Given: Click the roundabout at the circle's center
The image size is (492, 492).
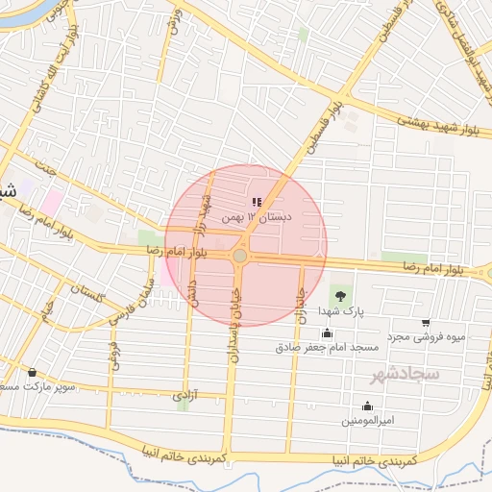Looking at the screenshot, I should (x=239, y=256).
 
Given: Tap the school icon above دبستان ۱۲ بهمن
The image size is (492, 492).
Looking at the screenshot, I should (x=256, y=203).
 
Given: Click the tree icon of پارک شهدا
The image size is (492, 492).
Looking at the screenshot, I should (x=337, y=291).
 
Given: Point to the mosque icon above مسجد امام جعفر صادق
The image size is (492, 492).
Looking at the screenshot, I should (x=328, y=333).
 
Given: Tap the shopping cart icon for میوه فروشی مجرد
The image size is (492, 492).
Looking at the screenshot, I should (x=426, y=324).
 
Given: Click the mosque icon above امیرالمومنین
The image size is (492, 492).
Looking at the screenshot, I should (x=367, y=406).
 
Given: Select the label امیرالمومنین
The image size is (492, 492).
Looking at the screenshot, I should (x=366, y=421).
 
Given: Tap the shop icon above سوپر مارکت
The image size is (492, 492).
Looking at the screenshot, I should (x=33, y=372).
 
